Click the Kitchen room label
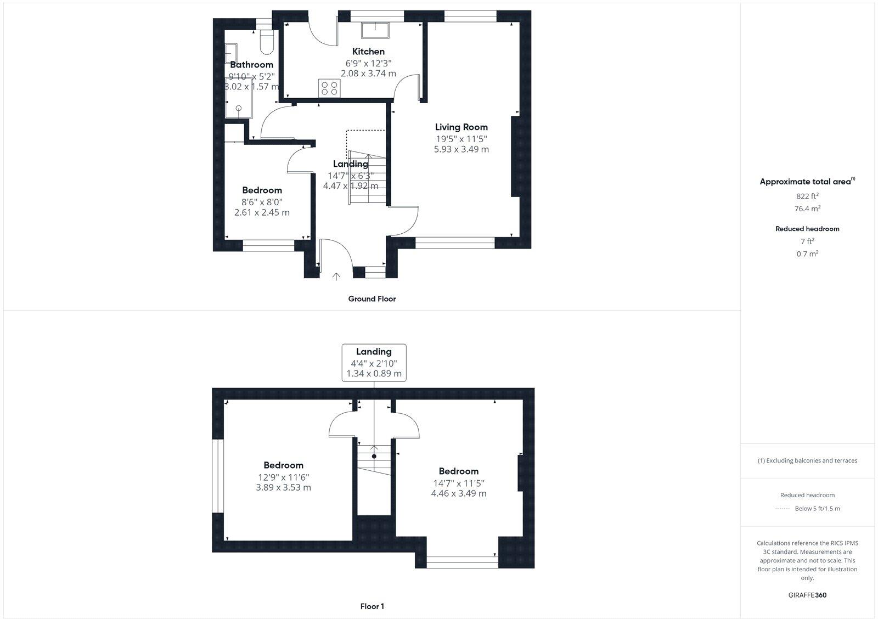coord(368,52)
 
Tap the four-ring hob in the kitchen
coord(329,88)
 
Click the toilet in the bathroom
coord(267,43)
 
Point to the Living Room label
coord(461,127)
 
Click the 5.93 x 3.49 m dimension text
coord(461,149)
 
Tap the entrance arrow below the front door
coord(335,277)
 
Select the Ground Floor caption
coord(372,299)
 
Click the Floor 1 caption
coord(372,606)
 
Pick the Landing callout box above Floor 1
coord(374,362)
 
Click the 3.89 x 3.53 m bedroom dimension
coord(283,487)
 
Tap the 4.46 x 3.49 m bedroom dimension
coord(458,493)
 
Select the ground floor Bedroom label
coord(262,190)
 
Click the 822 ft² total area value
coord(807,196)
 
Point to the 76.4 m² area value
coord(807,209)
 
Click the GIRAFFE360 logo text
coord(807,595)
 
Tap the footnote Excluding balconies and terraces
coord(807,460)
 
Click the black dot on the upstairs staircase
coord(374,456)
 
